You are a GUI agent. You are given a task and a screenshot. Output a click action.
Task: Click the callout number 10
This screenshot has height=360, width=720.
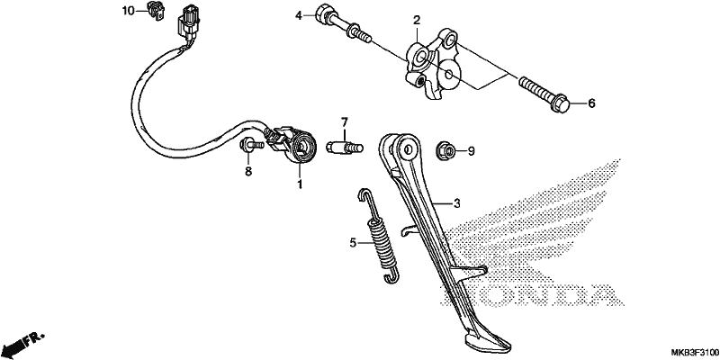click(x=128, y=11)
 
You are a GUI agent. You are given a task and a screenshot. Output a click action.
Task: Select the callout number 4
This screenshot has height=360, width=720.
click(x=299, y=16)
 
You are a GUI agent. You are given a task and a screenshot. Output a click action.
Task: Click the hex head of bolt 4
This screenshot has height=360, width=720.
click(x=323, y=13)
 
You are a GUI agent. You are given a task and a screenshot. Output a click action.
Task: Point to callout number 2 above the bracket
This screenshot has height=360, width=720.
click(x=417, y=20)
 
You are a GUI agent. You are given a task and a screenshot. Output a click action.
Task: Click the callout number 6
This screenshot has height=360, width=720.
click(x=591, y=103)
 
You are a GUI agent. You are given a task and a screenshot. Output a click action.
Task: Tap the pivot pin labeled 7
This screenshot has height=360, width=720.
click(x=345, y=148)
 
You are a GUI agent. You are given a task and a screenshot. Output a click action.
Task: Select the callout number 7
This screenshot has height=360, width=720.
click(x=345, y=122)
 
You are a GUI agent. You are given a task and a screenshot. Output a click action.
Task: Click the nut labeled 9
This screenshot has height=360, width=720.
click(x=445, y=148)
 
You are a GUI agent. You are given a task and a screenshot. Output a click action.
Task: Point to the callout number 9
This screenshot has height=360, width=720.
click(x=471, y=150)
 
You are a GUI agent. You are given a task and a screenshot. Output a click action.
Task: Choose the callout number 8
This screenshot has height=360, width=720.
click(x=248, y=172)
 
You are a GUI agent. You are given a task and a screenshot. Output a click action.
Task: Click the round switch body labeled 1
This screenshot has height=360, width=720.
click(x=301, y=147)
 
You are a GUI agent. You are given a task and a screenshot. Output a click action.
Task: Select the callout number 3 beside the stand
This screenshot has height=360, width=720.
click(x=456, y=203)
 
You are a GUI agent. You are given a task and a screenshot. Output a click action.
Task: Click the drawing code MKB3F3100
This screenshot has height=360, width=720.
click(x=695, y=352)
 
